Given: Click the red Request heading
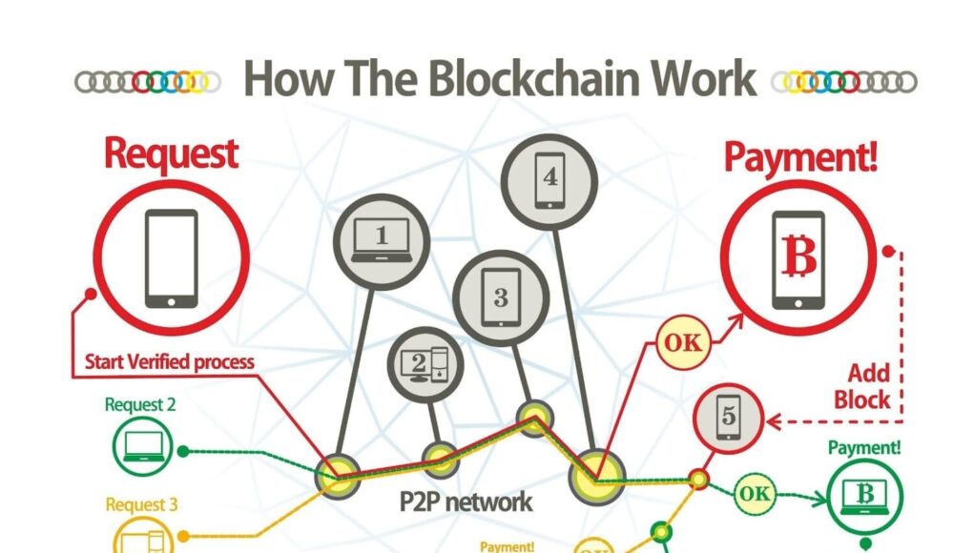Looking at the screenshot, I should click(x=171, y=154).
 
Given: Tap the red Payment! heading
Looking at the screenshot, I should click(x=800, y=156).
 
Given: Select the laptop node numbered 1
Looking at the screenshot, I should click(x=382, y=236).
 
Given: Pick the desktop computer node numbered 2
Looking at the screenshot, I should click(x=425, y=363).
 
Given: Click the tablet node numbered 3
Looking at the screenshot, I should click(x=501, y=295).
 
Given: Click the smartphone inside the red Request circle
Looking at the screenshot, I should click(x=172, y=257).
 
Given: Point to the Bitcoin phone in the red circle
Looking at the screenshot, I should click(x=798, y=259).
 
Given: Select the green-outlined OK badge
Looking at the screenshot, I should click(x=755, y=493).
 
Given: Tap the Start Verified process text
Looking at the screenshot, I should click(x=170, y=362).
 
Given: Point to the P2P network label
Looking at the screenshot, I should click(x=466, y=502).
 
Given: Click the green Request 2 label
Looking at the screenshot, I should click(x=140, y=404).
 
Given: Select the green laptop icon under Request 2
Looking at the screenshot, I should click(x=140, y=448).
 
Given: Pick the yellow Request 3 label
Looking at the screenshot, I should click(x=141, y=504).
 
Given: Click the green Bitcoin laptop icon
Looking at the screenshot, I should click(x=865, y=496).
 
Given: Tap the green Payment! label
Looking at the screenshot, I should click(x=864, y=447).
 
